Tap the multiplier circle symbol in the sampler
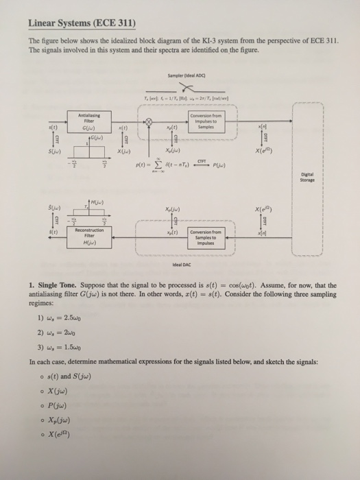[x=146, y=123]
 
